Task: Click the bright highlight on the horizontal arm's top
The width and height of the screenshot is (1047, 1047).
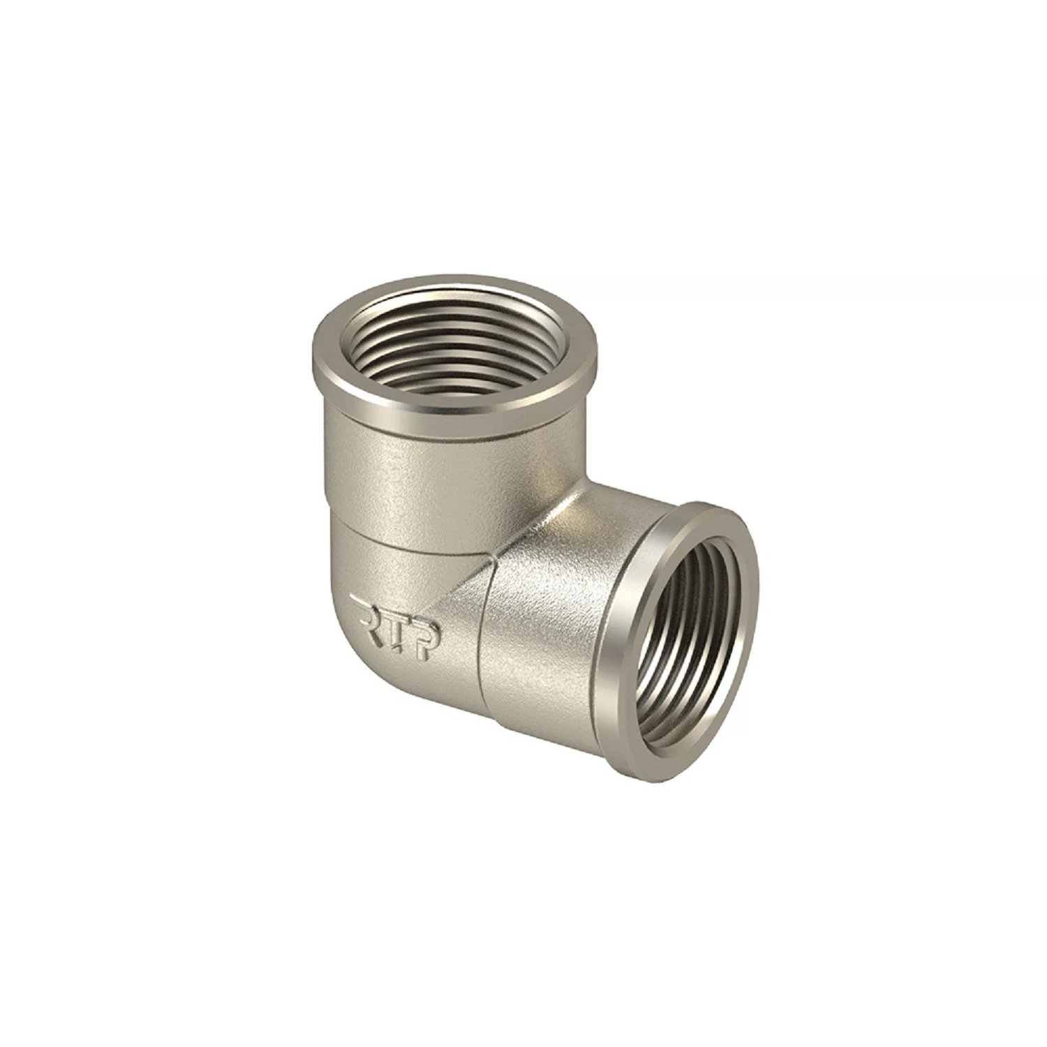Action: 579,517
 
